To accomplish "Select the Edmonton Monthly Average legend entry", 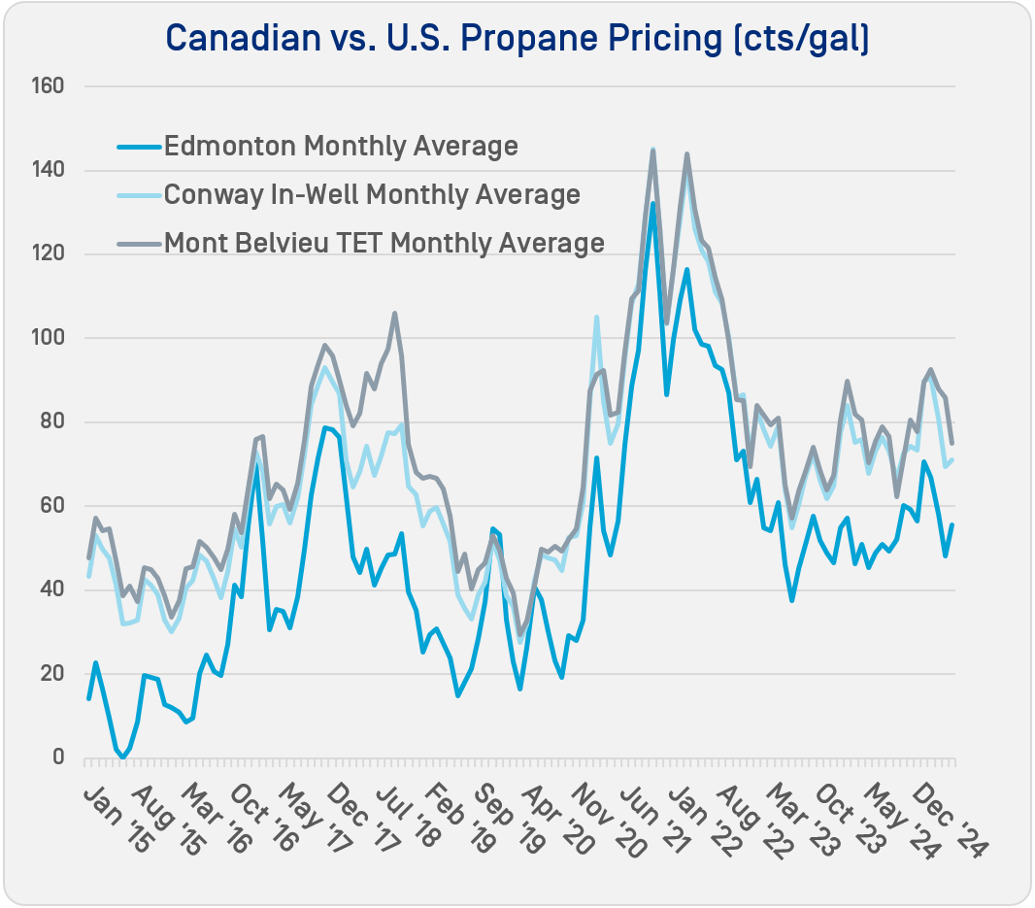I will click(341, 147).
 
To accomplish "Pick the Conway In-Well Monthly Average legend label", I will click(372, 194).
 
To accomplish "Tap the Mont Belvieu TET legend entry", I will click(384, 242).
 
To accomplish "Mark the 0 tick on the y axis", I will click(57, 757).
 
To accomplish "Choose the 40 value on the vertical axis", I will click(52, 589).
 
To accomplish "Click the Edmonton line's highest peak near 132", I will click(652, 203).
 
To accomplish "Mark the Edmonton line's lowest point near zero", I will click(123, 757).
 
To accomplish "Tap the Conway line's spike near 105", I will click(596, 317).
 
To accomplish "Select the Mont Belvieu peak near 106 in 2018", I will click(394, 313).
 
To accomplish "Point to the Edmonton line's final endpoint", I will click(952, 524).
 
